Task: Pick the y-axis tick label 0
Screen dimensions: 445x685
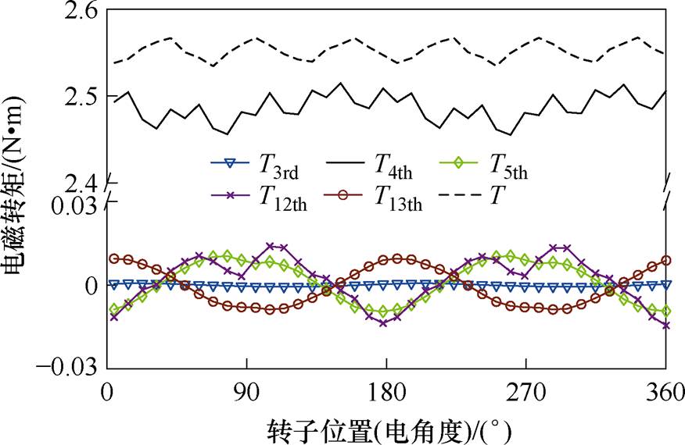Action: pyautogui.click(x=91, y=286)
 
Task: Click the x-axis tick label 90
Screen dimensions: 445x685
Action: pyautogui.click(x=246, y=392)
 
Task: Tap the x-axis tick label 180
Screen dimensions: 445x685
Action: pyautogui.click(x=386, y=392)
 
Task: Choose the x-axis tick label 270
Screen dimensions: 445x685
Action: pyautogui.click(x=525, y=392)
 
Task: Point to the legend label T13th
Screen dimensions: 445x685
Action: pyautogui.click(x=399, y=199)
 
